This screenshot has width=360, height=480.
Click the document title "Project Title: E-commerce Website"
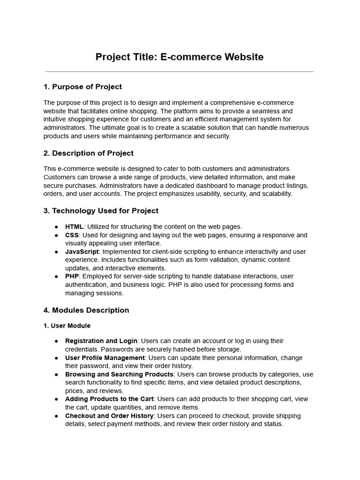[x=180, y=57]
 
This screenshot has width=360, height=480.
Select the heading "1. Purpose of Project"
[x=82, y=87]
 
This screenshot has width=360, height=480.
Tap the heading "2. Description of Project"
[x=89, y=153]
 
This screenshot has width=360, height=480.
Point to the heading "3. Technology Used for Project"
[x=101, y=211]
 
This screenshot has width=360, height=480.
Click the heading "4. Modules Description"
[x=86, y=310]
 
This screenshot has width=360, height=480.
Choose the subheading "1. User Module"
[x=67, y=326]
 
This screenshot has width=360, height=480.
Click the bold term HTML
[x=74, y=227]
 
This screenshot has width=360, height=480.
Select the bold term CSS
[x=72, y=235]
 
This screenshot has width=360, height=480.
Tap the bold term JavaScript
[x=82, y=252]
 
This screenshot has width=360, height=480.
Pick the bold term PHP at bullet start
[x=72, y=277]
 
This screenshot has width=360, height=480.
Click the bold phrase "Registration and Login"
[x=101, y=341]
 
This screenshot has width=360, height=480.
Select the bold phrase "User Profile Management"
[x=105, y=358]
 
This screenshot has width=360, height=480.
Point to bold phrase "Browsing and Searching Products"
[x=120, y=375]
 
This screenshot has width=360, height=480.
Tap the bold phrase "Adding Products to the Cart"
[x=109, y=399]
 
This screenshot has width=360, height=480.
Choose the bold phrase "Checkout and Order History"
[x=109, y=416]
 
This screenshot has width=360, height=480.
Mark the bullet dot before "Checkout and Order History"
[x=56, y=416]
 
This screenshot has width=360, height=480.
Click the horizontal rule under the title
[x=180, y=72]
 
